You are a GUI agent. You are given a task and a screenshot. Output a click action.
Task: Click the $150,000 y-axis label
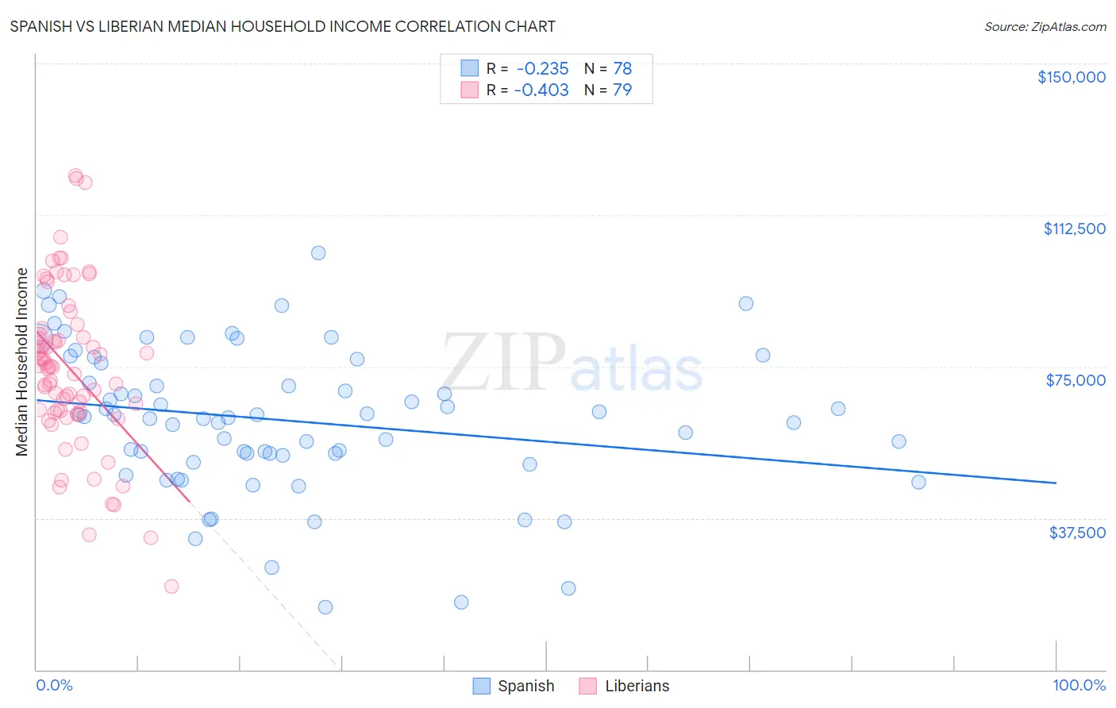click(1071, 77)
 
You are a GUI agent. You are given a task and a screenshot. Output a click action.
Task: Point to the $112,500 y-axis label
click(1074, 229)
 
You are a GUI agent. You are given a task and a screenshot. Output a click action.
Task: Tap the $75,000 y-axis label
click(1076, 380)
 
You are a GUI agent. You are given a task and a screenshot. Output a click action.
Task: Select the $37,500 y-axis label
click(1077, 533)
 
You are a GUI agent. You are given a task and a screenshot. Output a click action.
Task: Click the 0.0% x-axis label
click(54, 685)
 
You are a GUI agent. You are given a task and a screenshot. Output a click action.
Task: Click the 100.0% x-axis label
click(1079, 685)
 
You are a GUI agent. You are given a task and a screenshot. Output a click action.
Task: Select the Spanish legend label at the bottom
click(525, 686)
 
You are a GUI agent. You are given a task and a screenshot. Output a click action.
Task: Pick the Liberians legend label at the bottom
click(637, 686)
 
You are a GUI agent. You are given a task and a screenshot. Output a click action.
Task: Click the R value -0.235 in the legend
click(542, 68)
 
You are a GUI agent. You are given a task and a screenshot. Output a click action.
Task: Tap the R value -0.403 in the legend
click(541, 90)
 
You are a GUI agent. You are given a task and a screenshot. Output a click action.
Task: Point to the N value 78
click(622, 68)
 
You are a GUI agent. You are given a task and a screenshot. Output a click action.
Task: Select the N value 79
click(622, 90)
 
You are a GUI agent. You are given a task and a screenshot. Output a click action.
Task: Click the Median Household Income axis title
click(21, 362)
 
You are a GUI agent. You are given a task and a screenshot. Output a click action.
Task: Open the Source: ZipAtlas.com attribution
click(1045, 26)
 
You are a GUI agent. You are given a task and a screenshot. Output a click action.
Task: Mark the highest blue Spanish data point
click(318, 253)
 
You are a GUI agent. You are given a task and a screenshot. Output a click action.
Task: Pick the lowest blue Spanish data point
click(325, 607)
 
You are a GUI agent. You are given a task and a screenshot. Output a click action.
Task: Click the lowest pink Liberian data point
click(171, 587)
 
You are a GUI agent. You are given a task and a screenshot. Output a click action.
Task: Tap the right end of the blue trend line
click(1056, 483)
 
